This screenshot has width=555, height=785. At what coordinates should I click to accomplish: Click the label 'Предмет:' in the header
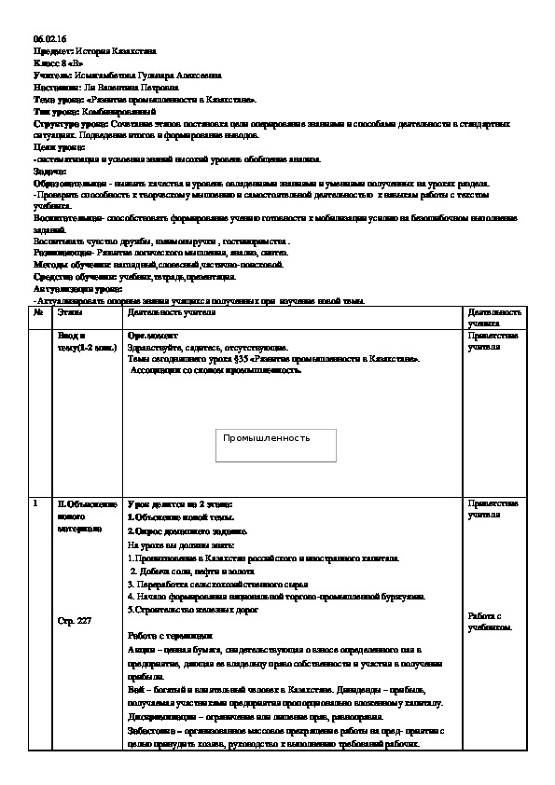[49, 51]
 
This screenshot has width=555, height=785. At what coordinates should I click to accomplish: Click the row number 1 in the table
[35, 504]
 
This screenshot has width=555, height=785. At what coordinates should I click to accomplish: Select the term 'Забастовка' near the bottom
[150, 731]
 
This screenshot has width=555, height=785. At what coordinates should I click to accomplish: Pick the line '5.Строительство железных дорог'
[192, 609]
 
